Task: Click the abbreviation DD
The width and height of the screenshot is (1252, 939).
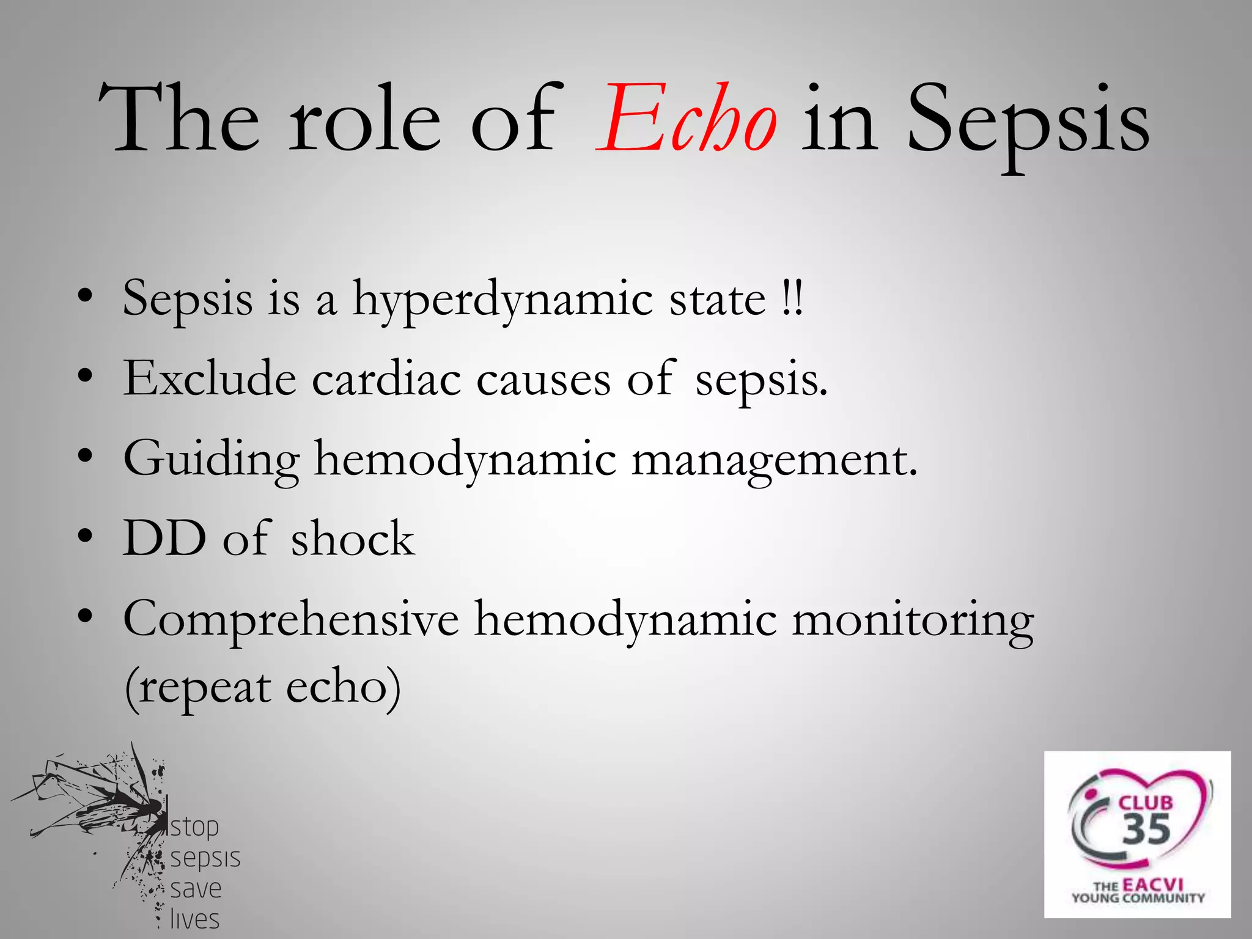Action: click(x=164, y=539)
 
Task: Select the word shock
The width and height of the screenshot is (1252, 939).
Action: click(x=353, y=539)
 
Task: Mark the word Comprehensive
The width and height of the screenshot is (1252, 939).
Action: click(x=291, y=620)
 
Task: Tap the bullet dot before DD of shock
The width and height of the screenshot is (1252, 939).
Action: click(x=86, y=537)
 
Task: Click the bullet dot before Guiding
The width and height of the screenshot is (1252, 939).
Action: click(x=86, y=456)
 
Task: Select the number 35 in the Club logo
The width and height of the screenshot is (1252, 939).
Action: click(x=1146, y=830)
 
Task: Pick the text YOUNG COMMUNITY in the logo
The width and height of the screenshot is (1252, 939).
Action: click(x=1138, y=898)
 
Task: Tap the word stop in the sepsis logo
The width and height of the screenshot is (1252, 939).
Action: click(x=194, y=827)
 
